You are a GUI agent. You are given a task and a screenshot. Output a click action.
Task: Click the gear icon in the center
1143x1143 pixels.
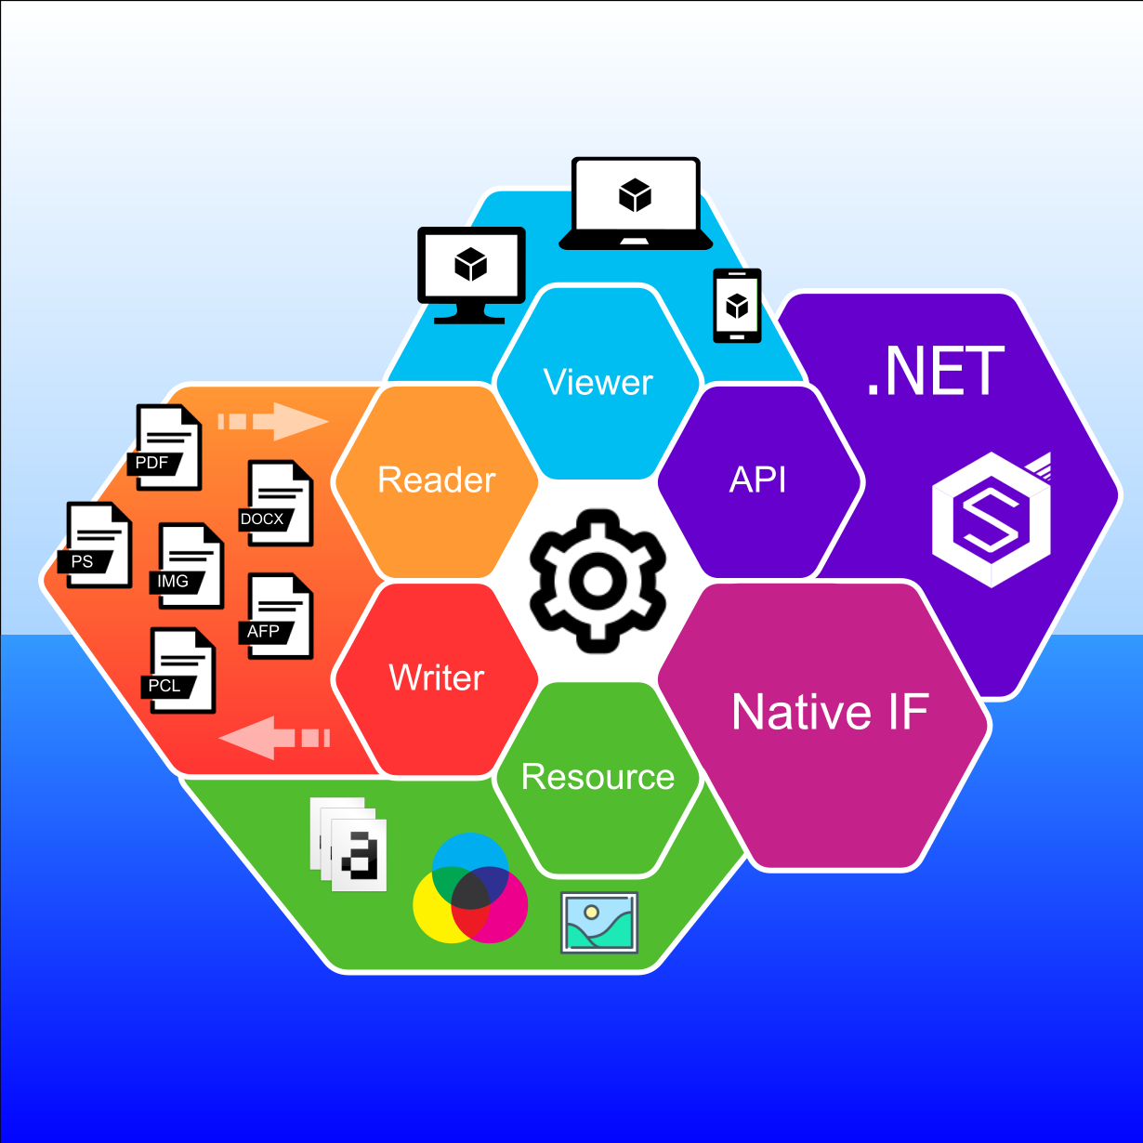[x=598, y=579]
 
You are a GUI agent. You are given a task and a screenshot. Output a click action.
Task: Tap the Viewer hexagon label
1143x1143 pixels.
[x=598, y=383]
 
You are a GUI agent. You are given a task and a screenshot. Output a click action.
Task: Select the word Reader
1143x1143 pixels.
[x=437, y=480]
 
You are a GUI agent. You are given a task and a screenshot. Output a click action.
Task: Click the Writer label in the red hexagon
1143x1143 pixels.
[x=437, y=677]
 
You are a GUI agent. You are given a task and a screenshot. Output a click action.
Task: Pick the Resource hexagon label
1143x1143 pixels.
[x=598, y=777]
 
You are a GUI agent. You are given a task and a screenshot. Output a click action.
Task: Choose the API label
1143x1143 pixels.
[x=758, y=480]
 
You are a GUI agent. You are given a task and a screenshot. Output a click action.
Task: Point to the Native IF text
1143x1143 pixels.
[x=830, y=712]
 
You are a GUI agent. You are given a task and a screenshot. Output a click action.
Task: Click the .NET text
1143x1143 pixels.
[x=935, y=372]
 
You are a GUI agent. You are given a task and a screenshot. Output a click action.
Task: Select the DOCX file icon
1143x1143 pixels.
[x=279, y=504]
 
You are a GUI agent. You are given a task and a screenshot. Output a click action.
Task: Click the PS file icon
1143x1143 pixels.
[x=98, y=546]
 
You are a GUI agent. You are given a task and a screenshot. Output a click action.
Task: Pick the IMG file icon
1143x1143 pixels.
[x=190, y=566]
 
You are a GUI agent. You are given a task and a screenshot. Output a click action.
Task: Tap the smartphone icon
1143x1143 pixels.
[x=736, y=305]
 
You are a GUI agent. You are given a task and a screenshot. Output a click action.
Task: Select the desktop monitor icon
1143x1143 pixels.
[x=471, y=273]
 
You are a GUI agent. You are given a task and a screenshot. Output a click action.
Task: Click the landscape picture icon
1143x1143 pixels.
[x=599, y=922]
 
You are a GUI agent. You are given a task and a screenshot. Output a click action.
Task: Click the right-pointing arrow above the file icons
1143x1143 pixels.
[x=274, y=421]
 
